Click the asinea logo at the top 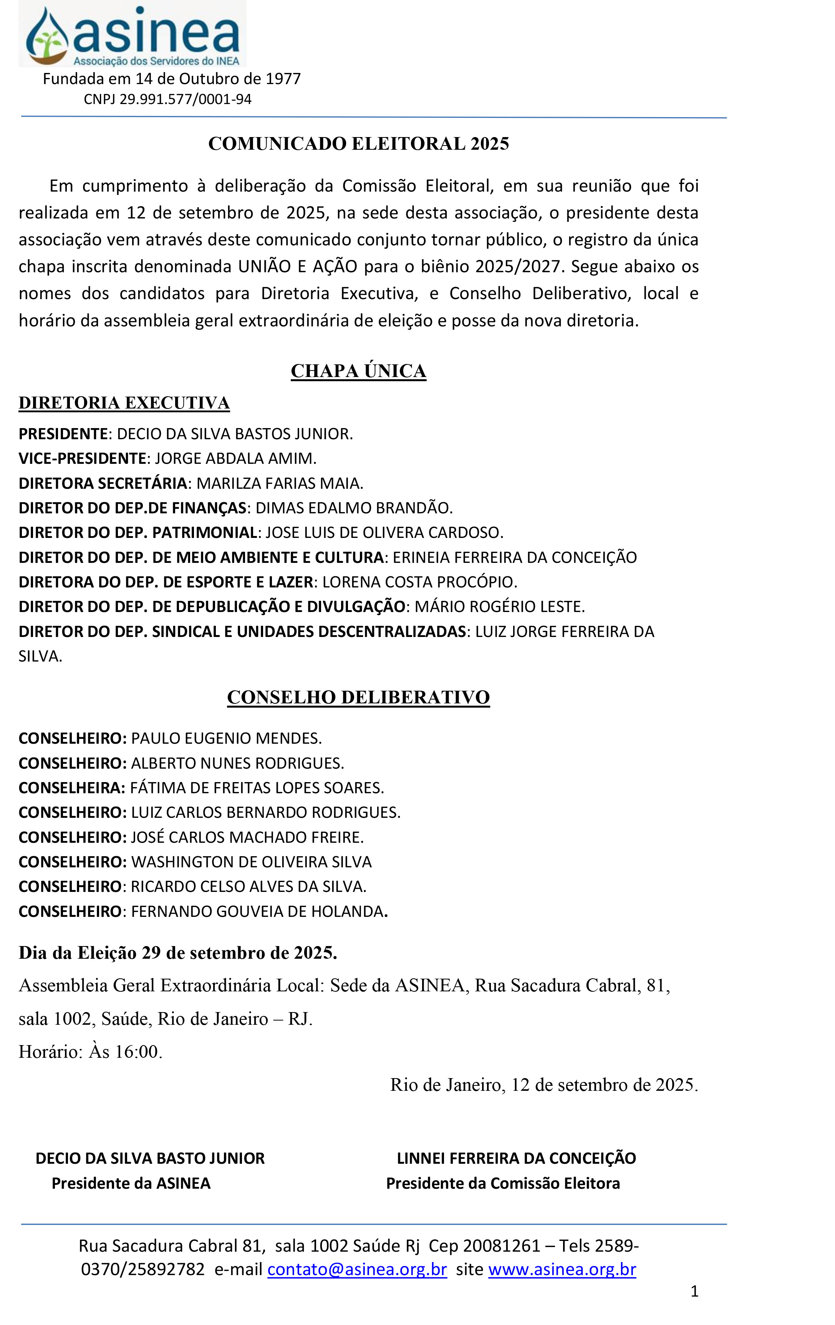pyautogui.click(x=132, y=34)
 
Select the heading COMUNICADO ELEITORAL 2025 pyautogui.click(x=358, y=144)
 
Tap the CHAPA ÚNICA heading pyautogui.click(x=358, y=371)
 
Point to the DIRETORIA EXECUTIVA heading pyautogui.click(x=124, y=403)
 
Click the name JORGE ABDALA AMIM pyautogui.click(x=235, y=458)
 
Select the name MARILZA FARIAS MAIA pyautogui.click(x=280, y=483)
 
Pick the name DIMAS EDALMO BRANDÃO pyautogui.click(x=354, y=508)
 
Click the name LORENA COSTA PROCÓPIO pyautogui.click(x=419, y=582)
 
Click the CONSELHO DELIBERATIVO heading pyautogui.click(x=358, y=697)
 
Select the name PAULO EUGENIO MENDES pyautogui.click(x=226, y=738)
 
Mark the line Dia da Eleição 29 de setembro pyautogui.click(x=178, y=953)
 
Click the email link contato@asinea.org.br pyautogui.click(x=357, y=1269)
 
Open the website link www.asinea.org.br pyautogui.click(x=562, y=1269)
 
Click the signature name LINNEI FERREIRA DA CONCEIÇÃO pyautogui.click(x=516, y=1158)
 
